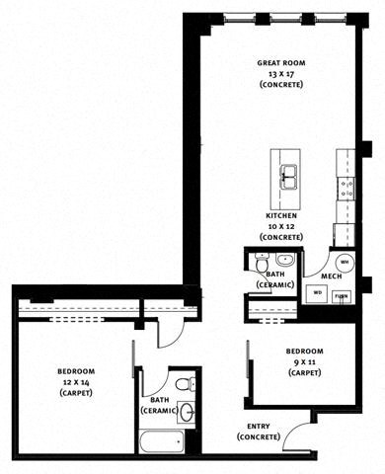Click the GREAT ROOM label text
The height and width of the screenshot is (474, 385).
280,60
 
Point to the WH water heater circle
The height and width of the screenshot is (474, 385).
343,262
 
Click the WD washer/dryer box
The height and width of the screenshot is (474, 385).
319,292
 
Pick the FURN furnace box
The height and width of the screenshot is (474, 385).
342,293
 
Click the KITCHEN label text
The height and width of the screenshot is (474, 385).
281,215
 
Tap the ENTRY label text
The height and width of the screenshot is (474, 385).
259,427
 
